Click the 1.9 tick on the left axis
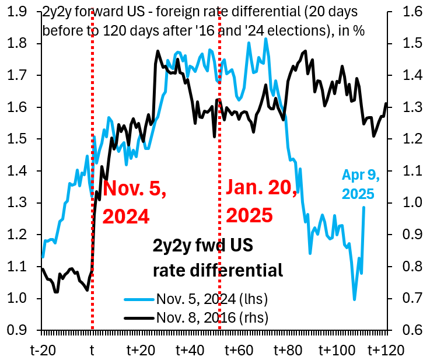[17, 12]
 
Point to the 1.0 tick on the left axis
[17, 299]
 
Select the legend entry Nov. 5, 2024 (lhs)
[211, 299]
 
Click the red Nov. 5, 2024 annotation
[134, 202]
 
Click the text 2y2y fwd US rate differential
[218, 258]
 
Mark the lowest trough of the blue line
[354, 300]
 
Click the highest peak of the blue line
[265, 39]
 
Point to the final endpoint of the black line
[386, 103]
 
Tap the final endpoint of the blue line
[364, 207]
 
